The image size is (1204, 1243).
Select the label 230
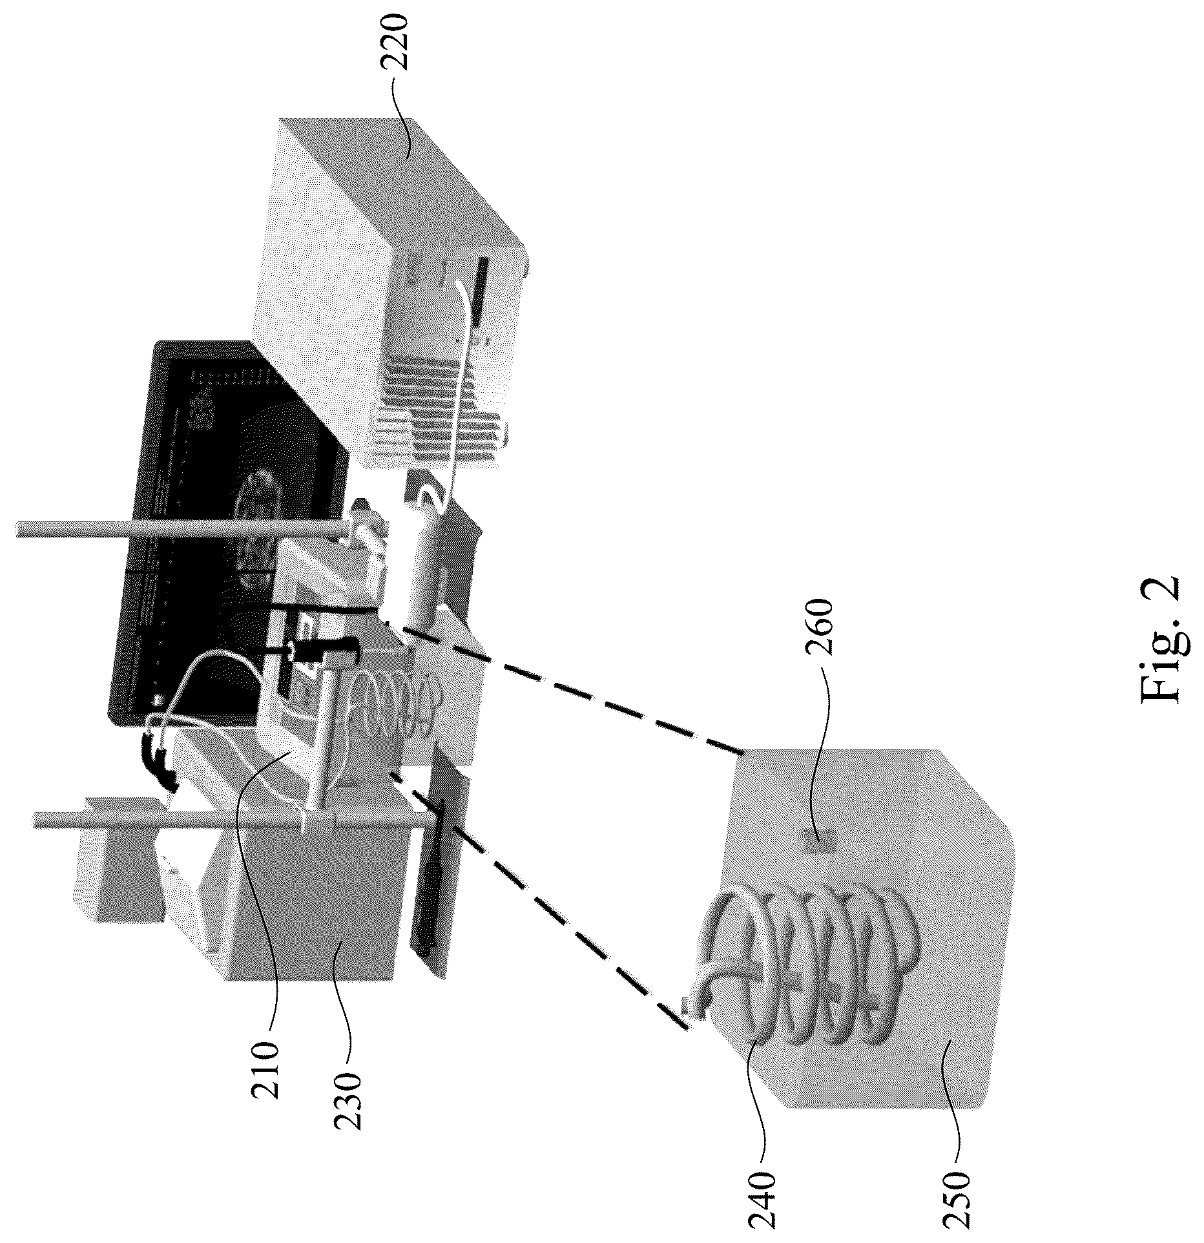coord(349,1110)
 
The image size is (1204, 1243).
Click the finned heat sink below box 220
coord(439,413)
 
